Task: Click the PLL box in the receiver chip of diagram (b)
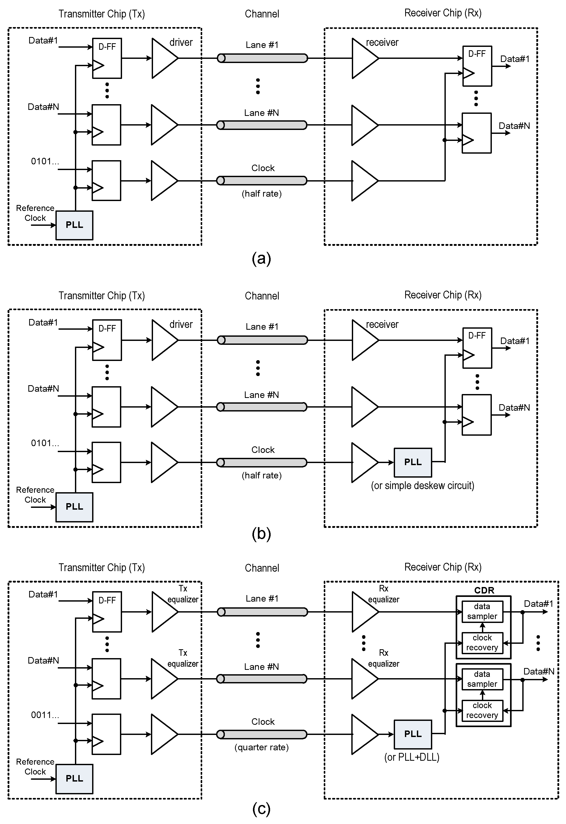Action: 413,462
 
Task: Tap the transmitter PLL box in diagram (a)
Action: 74,225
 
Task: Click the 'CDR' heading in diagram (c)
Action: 484,590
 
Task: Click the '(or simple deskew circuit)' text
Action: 422,485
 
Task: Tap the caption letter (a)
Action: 261,258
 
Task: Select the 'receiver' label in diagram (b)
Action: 382,324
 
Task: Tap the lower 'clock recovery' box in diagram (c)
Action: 482,710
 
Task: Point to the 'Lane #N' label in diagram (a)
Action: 261,113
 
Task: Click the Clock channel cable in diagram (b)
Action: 262,462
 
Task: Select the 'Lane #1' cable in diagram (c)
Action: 262,612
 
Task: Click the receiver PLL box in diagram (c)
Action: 413,734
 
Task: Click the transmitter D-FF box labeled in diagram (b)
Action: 107,340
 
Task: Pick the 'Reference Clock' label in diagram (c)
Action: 35,766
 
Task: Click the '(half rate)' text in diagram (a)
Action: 262,193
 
